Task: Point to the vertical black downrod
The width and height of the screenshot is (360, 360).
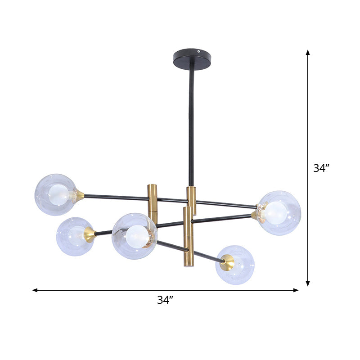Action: (x=191, y=126)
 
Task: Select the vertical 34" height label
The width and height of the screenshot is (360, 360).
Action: (x=322, y=168)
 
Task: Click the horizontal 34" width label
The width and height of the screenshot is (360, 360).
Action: (x=165, y=300)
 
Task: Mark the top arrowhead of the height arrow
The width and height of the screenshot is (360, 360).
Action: (x=308, y=52)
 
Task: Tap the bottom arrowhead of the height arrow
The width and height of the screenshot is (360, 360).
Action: (x=308, y=283)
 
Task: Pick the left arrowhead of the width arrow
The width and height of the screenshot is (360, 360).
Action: (x=35, y=290)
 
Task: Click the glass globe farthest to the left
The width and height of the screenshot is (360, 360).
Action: (x=56, y=194)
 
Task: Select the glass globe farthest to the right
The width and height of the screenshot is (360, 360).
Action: (x=279, y=212)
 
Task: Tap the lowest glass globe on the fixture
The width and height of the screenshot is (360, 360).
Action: (x=235, y=265)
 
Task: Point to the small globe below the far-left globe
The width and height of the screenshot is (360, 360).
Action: (x=75, y=236)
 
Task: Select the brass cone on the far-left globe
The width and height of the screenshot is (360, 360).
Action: (x=80, y=195)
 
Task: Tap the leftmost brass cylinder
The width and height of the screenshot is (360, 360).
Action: (x=153, y=203)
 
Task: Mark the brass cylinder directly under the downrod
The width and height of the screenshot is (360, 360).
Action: (x=192, y=200)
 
